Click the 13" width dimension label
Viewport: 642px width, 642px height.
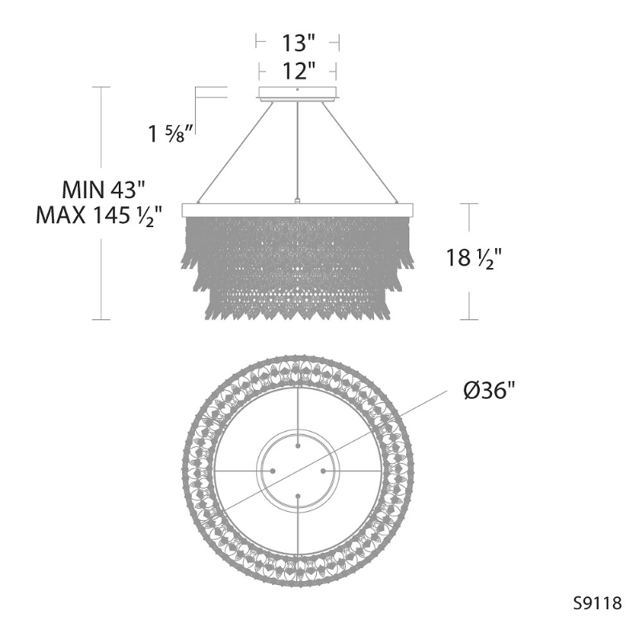[299, 43]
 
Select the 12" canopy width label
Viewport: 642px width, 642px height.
[299, 71]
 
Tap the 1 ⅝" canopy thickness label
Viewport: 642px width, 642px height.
[171, 133]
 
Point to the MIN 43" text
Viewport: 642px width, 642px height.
[104, 189]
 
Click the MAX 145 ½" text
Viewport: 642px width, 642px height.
[99, 216]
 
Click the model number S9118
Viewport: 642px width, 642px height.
[597, 603]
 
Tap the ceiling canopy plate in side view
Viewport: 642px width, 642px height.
[298, 93]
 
